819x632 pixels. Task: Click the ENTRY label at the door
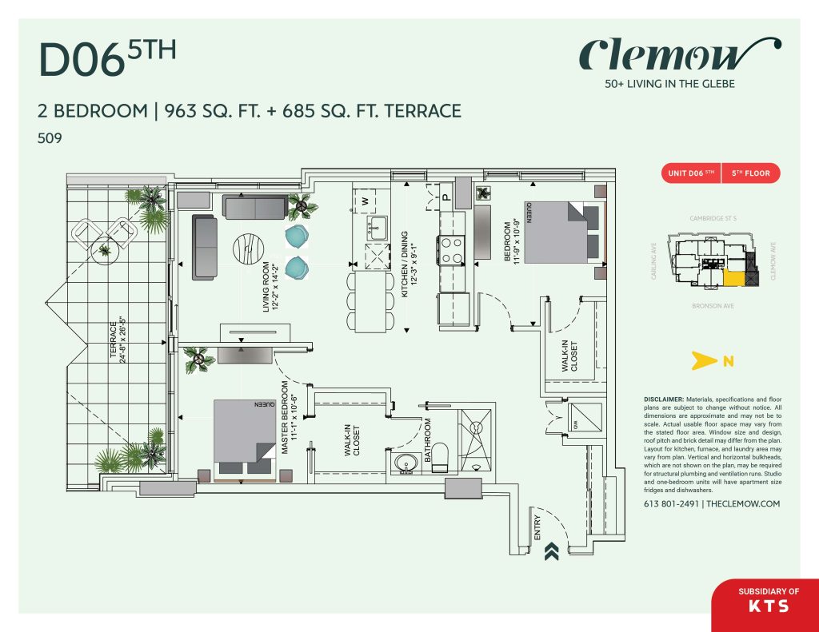537,527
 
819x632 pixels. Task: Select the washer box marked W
366,201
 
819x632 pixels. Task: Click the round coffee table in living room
248,250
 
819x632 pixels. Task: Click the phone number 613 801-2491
671,504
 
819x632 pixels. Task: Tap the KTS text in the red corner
768,606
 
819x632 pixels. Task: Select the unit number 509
50,138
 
